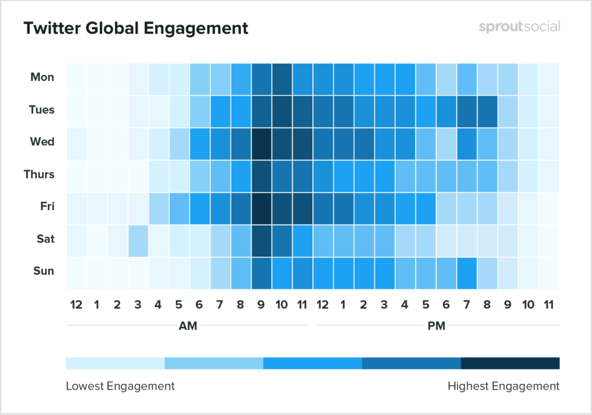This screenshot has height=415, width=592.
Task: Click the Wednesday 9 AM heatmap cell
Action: click(x=261, y=142)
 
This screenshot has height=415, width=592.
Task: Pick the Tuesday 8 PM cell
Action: click(x=487, y=110)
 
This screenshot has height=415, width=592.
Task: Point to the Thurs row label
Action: click(x=40, y=174)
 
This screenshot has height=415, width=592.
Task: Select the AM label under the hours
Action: click(x=188, y=326)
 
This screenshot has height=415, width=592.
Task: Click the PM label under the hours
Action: click(x=436, y=326)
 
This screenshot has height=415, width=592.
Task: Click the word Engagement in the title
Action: click(x=196, y=28)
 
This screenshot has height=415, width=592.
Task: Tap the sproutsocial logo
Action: click(x=519, y=27)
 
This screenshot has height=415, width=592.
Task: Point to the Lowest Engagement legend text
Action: click(x=120, y=385)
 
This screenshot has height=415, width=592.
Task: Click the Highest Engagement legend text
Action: click(x=504, y=385)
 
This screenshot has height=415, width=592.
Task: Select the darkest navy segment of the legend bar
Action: click(x=510, y=363)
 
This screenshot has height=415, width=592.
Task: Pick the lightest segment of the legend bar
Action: click(x=115, y=363)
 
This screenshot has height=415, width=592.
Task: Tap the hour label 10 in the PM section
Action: click(x=528, y=303)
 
